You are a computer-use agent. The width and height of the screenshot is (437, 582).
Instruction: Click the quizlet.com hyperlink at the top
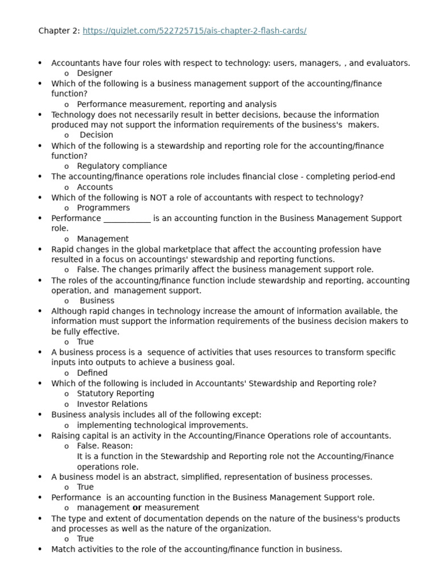194,31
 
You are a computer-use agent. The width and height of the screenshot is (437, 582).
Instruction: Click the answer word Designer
94,73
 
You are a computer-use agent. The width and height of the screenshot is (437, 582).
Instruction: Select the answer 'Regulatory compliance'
122,166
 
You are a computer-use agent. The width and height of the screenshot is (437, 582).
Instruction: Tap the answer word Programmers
103,208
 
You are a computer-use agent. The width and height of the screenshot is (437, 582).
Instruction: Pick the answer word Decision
96,135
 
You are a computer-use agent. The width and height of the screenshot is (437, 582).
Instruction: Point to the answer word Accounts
94,187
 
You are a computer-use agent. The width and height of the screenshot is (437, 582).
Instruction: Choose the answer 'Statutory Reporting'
115,394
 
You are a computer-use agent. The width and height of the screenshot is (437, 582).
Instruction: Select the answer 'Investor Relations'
112,404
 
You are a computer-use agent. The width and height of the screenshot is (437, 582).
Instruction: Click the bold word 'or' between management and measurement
137,508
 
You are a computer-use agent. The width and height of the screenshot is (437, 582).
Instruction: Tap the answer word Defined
92,373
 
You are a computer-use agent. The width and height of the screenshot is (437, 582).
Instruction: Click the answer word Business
97,301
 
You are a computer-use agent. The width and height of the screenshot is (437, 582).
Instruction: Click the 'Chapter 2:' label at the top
59,31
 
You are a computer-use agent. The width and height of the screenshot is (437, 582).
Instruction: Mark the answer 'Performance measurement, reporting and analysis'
176,105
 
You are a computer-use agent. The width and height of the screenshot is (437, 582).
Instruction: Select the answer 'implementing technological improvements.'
162,425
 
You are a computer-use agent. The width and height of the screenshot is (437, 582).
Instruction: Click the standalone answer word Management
102,239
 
